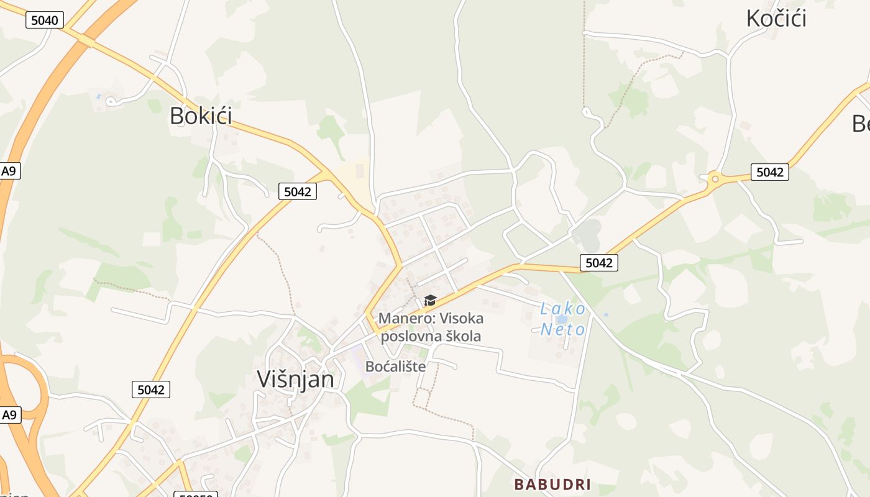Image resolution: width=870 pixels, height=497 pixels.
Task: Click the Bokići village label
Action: tap(201, 116)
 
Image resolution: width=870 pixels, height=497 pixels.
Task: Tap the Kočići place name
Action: tap(776, 18)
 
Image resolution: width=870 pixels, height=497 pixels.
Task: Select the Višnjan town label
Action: tap(296, 379)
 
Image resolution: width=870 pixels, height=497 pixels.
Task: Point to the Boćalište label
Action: tap(395, 367)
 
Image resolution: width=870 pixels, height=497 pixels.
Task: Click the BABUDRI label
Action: tap(552, 484)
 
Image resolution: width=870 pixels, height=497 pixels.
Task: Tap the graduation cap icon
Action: tap(430, 301)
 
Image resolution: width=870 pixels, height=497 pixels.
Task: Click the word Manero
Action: tap(406, 319)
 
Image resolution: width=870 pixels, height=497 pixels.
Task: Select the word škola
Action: tap(462, 336)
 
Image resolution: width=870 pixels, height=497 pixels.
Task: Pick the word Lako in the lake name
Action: tap(562, 309)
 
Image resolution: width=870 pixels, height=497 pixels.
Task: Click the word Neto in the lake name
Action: tap(562, 329)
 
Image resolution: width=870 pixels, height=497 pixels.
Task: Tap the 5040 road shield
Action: tap(45, 21)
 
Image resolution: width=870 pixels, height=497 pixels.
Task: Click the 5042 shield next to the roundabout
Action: tap(770, 172)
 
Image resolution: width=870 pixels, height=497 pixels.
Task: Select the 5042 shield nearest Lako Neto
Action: tap(599, 263)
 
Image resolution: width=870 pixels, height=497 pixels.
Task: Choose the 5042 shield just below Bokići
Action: tap(297, 191)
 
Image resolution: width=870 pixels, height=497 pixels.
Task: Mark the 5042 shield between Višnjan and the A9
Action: tap(151, 390)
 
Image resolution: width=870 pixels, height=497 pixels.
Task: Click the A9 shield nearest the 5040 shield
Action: tap(9, 171)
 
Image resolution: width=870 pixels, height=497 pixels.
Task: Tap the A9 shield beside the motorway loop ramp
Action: tap(9, 415)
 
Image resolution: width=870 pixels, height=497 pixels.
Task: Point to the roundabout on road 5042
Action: tap(715, 180)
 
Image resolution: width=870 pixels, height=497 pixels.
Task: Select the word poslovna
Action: tap(410, 336)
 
